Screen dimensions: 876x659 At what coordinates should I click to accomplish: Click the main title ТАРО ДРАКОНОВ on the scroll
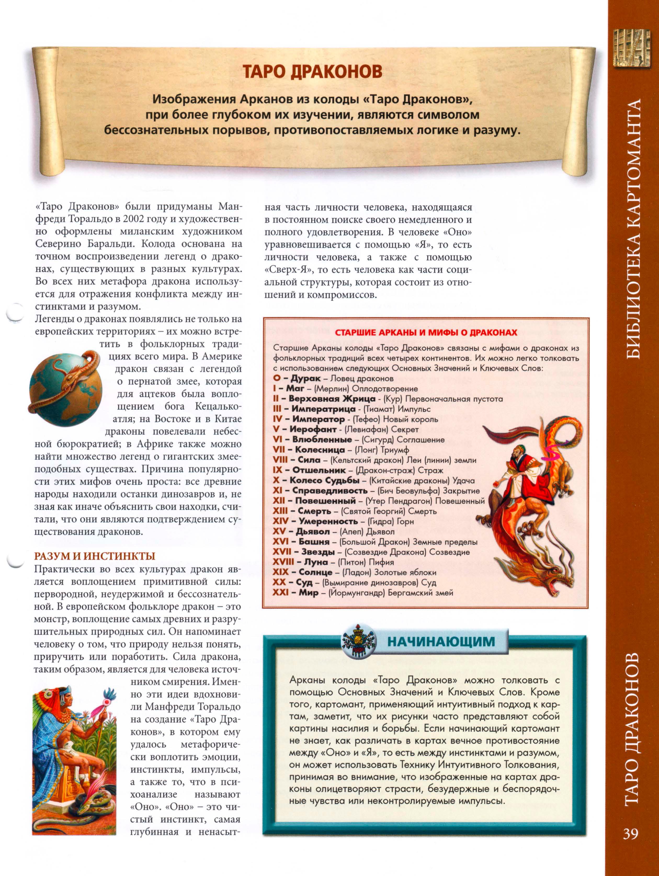[313, 72]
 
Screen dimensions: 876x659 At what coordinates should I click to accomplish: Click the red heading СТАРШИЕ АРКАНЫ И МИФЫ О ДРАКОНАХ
[426, 332]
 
